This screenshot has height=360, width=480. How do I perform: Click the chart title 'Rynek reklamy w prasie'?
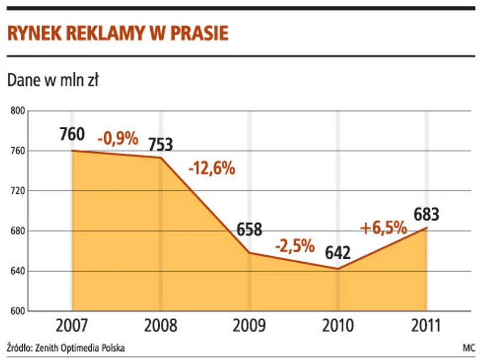[x=117, y=33]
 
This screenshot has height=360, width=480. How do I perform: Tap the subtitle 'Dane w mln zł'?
[x=53, y=81]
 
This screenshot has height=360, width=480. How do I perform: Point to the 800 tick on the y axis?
[x=18, y=110]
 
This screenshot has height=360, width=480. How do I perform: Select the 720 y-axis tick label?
[x=18, y=191]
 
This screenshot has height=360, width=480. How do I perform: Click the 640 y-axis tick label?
[x=18, y=271]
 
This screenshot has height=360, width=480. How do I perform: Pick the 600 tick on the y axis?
[x=18, y=311]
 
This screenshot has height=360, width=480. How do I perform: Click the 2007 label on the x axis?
[x=72, y=326]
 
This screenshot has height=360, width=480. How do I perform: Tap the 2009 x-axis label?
[x=249, y=326]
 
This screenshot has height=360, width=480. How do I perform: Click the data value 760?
[x=72, y=135]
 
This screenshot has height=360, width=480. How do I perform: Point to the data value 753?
[x=160, y=144]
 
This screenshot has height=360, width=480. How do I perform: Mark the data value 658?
[x=249, y=229]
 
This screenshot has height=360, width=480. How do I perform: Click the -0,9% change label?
[x=117, y=138]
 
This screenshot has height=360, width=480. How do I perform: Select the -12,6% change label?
[x=212, y=169]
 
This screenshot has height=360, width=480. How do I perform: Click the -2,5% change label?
[x=295, y=245]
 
